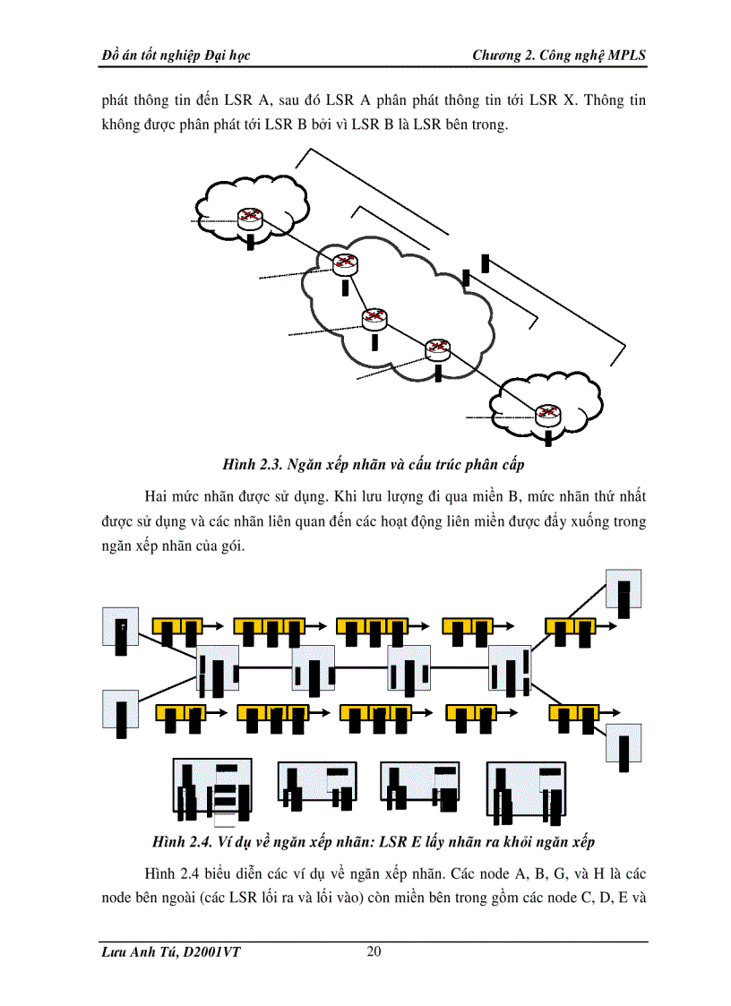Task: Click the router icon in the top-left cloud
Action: coord(250,217)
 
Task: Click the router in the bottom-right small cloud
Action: coord(546,415)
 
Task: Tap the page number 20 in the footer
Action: coord(374,951)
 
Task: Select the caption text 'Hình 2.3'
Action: coord(253,465)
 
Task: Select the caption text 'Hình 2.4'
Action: coord(182,843)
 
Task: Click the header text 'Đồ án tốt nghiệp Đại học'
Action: coord(176,56)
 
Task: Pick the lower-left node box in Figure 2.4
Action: coord(121,713)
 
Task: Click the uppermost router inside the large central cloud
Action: coord(345,263)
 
